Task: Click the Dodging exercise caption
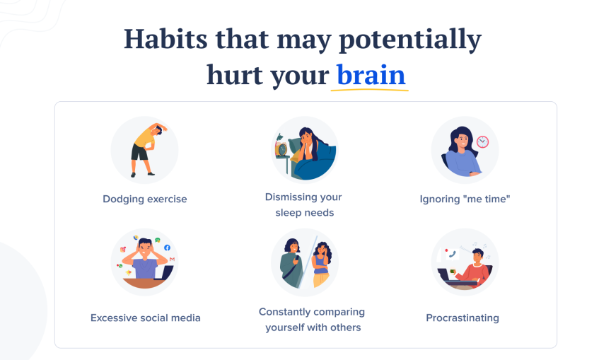click(145, 199)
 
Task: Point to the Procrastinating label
click(462, 318)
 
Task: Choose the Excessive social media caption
click(146, 318)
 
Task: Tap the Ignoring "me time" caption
click(465, 199)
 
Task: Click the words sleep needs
click(305, 212)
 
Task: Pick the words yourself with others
click(313, 327)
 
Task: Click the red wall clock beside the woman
click(483, 141)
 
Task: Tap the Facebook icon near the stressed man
click(168, 248)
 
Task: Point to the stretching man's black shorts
click(139, 153)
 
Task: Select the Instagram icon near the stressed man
click(123, 250)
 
